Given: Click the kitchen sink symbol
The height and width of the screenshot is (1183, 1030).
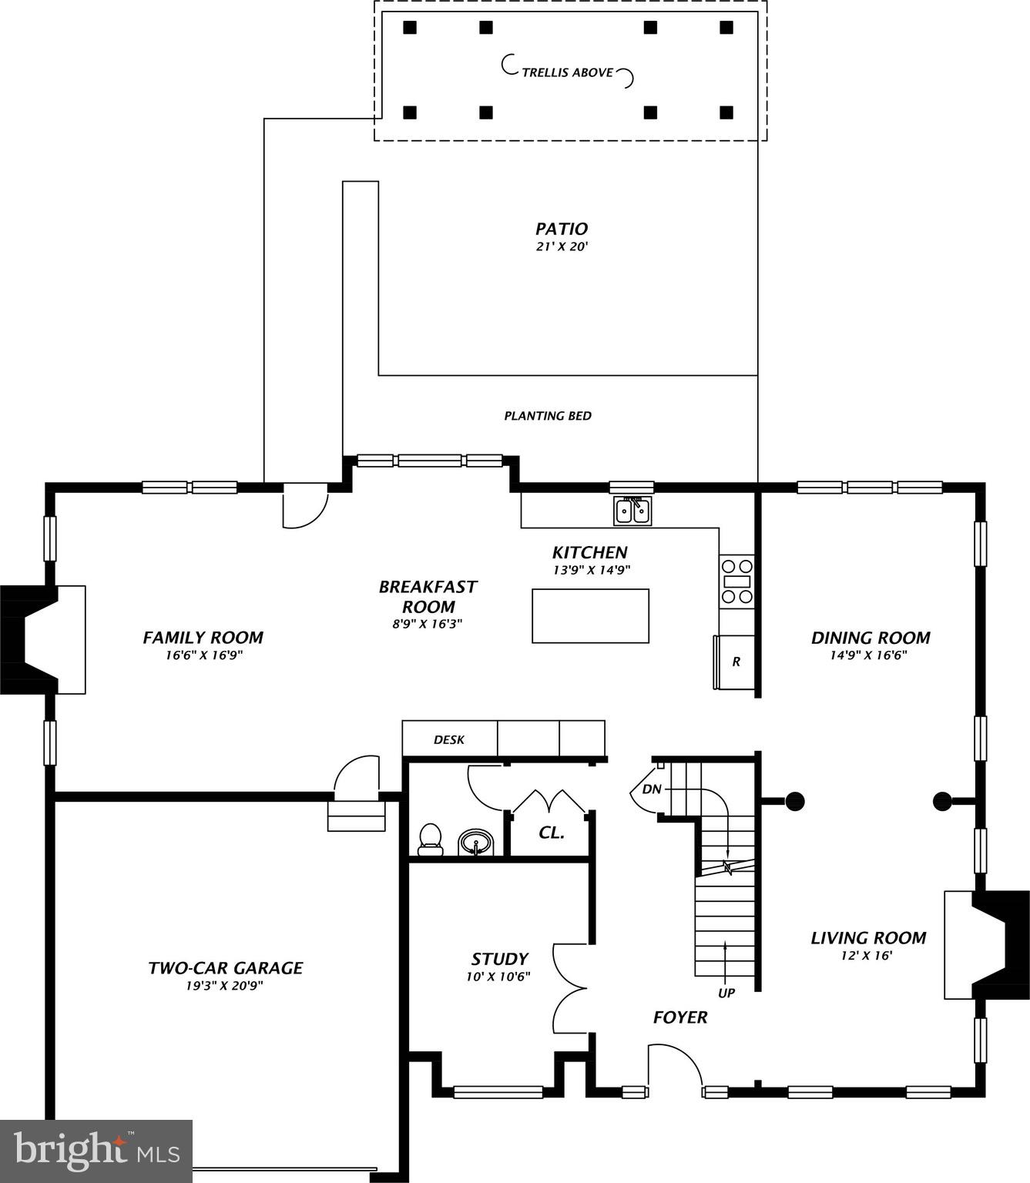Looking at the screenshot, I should (x=632, y=511).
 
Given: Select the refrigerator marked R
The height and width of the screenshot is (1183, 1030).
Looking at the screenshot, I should (x=735, y=662).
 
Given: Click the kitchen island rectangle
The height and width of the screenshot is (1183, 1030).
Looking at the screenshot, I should (x=590, y=615).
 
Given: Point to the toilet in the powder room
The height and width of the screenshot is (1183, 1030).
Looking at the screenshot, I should (x=430, y=839).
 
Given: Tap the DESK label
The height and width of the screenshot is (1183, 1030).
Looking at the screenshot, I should (x=449, y=739).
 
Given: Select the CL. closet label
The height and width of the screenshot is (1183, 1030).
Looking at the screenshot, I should (x=551, y=833).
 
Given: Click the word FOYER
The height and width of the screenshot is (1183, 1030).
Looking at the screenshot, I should (x=679, y=1017).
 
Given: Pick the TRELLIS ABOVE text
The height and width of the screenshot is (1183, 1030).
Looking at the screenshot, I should (x=568, y=72).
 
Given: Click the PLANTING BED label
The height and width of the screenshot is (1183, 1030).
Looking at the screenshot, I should (x=548, y=416).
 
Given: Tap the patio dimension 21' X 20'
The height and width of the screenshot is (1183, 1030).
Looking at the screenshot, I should (x=562, y=247).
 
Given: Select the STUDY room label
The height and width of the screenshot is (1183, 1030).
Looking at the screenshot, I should (x=499, y=959).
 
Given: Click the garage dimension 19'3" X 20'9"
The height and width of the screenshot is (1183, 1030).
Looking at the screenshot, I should (x=225, y=986).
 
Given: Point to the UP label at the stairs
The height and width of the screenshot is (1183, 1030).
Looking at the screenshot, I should (x=726, y=993).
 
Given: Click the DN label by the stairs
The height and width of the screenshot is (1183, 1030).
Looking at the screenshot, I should (x=651, y=789).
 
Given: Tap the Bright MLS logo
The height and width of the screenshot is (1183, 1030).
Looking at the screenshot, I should (x=96, y=1151).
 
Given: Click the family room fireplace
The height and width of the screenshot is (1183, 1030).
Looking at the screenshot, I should (x=42, y=639).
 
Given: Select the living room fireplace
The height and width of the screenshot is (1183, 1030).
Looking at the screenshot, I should (x=988, y=945).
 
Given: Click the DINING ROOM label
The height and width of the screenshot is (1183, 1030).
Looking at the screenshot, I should (x=871, y=638).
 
